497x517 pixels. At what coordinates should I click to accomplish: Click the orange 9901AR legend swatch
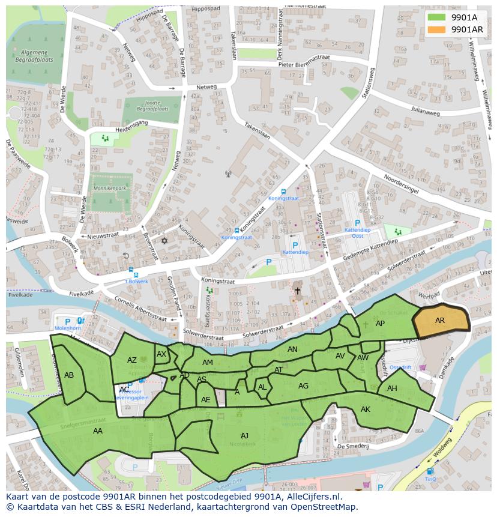tap(436, 29)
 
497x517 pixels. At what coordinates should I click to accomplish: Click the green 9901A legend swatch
tap(436, 17)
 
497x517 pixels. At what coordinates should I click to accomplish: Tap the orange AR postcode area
tap(441, 320)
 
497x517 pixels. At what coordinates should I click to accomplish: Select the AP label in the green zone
tap(380, 324)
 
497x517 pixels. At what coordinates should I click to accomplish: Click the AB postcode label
tap(69, 375)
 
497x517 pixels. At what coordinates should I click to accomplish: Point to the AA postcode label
tap(97, 431)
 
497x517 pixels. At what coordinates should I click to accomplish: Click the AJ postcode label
tap(244, 435)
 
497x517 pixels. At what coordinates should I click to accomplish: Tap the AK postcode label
tap(366, 410)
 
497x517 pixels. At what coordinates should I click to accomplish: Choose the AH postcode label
tap(392, 389)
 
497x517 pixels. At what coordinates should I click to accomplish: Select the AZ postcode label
tap(132, 360)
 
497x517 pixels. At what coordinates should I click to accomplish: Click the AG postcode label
tap(304, 386)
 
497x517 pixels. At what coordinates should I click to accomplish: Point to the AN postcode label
tap(292, 349)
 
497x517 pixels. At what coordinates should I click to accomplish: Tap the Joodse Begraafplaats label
tap(151, 106)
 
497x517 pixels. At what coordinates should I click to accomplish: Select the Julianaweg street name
tap(425, 111)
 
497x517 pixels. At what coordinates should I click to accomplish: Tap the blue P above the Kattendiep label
tap(295, 244)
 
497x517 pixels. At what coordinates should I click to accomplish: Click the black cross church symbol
tap(297, 291)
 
